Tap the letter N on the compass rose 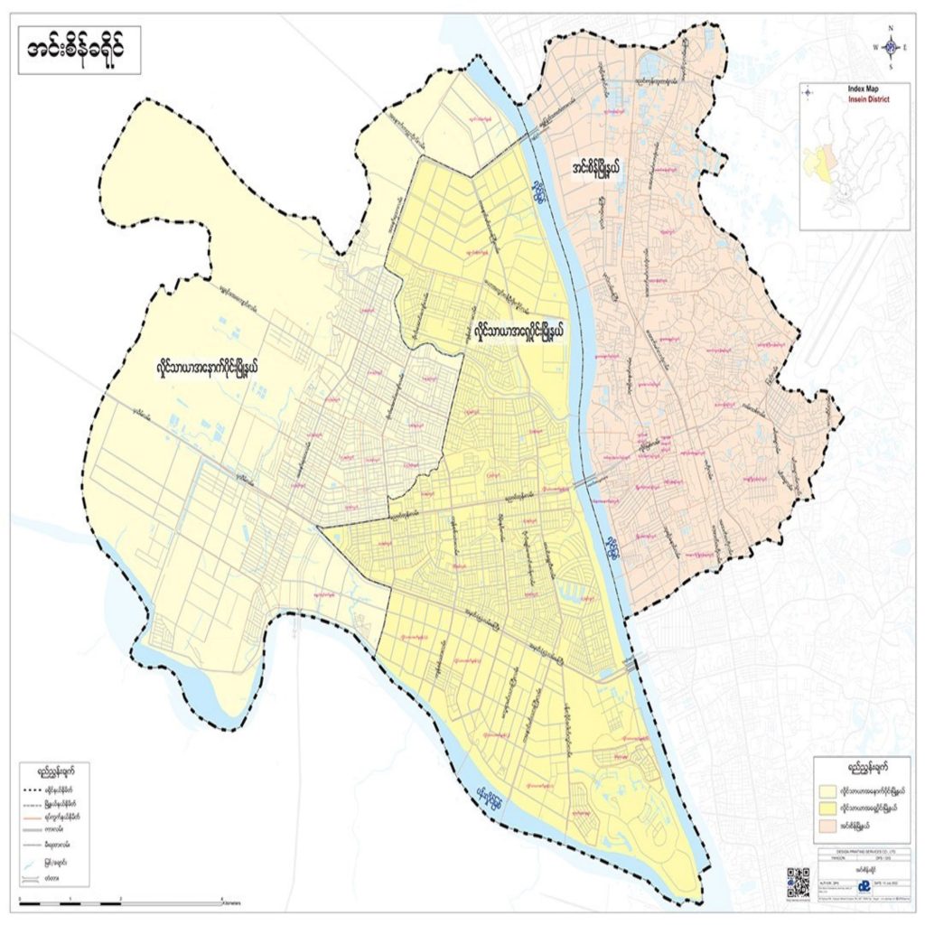(891, 27)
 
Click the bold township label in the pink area (608, 166)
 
